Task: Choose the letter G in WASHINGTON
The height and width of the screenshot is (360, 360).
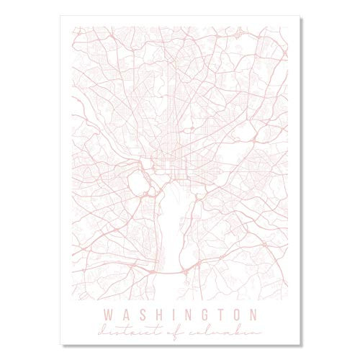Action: point(202,315)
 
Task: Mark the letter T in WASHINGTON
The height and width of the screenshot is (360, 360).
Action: point(218,315)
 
